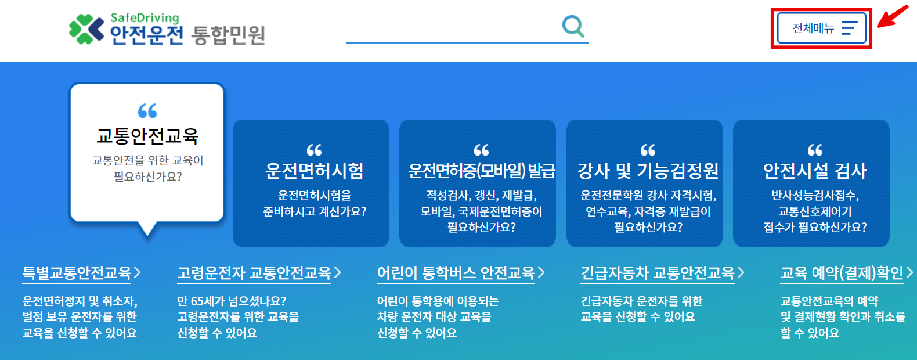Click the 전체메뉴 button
tap(821, 28)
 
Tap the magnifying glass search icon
tap(573, 26)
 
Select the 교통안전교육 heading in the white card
tap(147, 136)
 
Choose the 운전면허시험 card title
tap(314, 171)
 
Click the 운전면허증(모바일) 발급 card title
tap(481, 171)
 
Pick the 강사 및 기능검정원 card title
tap(648, 171)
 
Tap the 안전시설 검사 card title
tap(814, 171)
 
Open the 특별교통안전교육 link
tap(77, 272)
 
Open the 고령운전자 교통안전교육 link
tap(254, 272)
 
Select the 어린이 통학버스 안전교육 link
tap(456, 272)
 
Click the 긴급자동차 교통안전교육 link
tap(658, 272)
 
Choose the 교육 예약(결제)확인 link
tap(842, 272)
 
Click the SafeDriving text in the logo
tap(145, 17)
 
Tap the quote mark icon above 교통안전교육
tap(147, 110)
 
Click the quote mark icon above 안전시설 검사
tap(815, 150)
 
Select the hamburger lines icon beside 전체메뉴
tap(849, 28)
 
